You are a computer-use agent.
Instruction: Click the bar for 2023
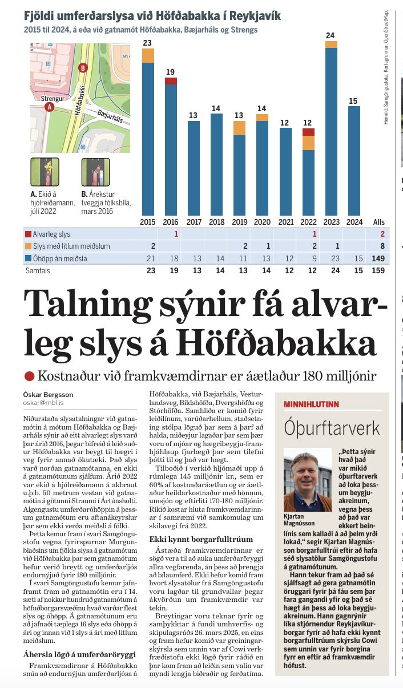[x=331, y=131]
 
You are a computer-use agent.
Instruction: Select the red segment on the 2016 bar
[x=171, y=81]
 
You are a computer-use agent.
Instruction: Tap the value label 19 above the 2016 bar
[x=171, y=72]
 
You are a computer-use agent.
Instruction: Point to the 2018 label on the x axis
[x=216, y=221]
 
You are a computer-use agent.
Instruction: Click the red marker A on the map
[x=49, y=107]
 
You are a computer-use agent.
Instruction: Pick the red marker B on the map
[x=83, y=68]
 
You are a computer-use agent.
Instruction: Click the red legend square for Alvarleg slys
[x=28, y=234]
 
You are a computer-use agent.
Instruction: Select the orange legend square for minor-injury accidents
[x=28, y=246]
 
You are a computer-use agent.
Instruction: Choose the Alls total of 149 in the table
[x=378, y=259]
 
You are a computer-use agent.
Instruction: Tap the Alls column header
[x=378, y=222]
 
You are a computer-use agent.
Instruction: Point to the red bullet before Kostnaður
[x=30, y=376]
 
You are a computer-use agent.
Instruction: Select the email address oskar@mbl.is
[x=44, y=402]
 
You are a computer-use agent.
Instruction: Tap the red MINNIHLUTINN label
[x=311, y=404]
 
